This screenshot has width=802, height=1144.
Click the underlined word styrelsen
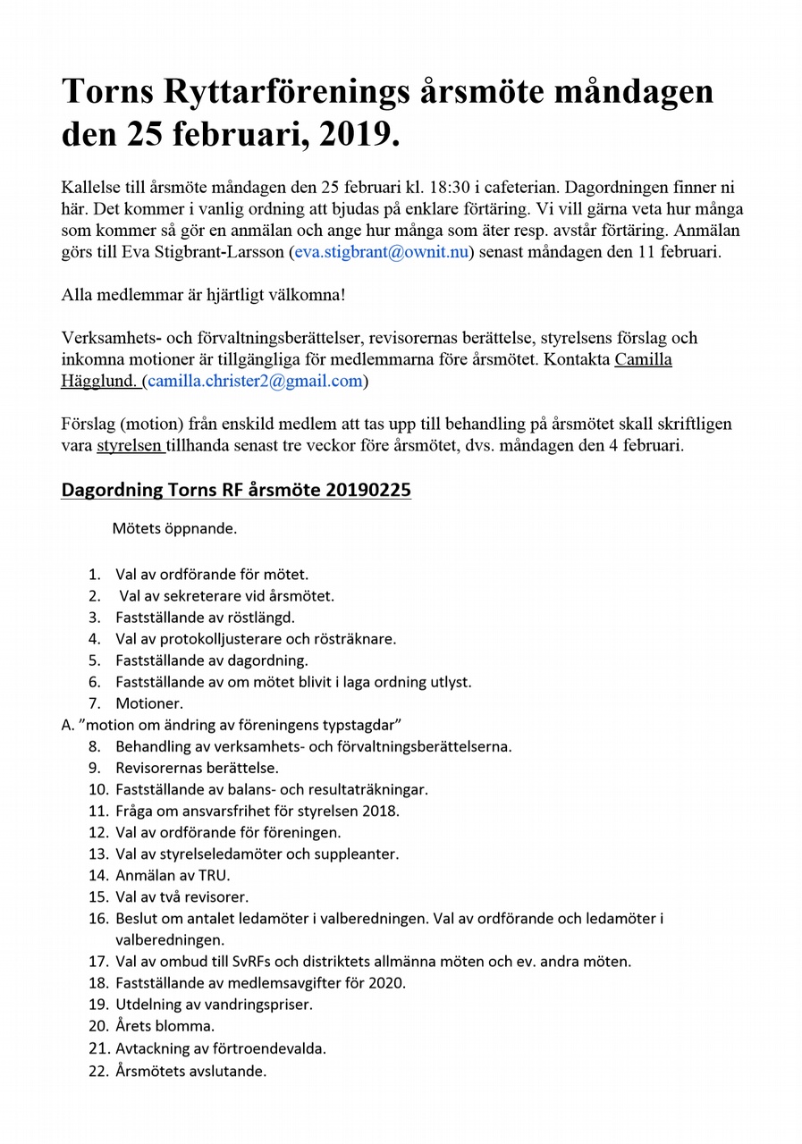pos(130,446)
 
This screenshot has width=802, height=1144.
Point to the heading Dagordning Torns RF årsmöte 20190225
pos(236,490)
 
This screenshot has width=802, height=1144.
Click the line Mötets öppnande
pos(174,528)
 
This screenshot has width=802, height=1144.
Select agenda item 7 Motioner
pos(149,703)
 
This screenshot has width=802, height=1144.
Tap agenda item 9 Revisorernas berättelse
pos(197,768)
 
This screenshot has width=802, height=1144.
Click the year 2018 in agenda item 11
pos(381,812)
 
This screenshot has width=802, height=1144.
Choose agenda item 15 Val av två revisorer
pos(182,896)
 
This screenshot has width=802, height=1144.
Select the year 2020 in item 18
pos(387,983)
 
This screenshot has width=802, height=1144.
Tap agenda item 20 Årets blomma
pos(165,1026)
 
